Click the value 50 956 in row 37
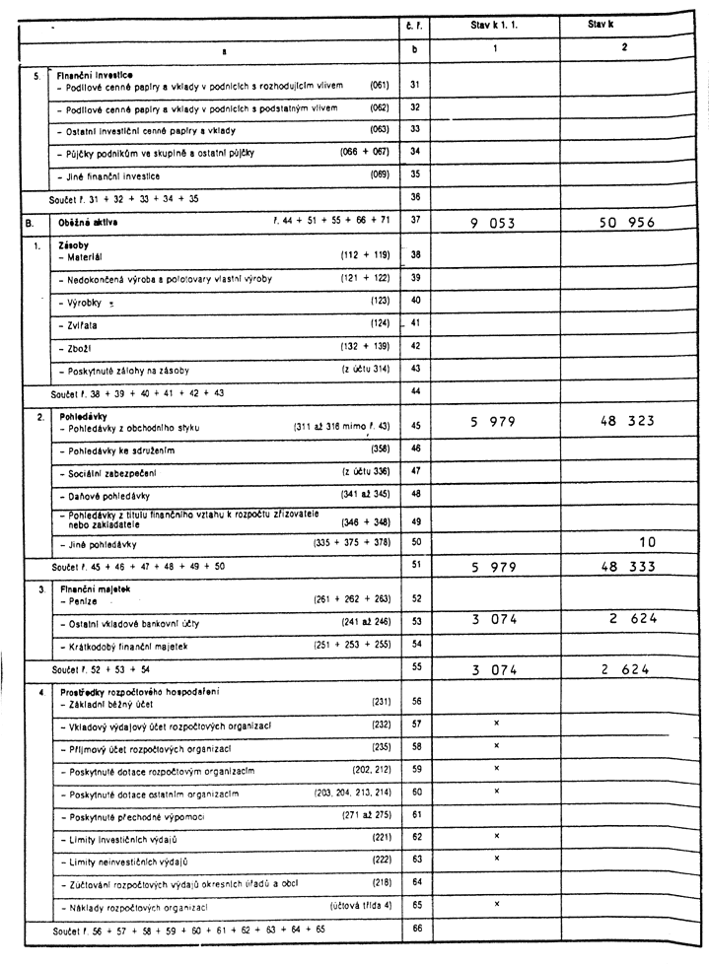click(x=626, y=223)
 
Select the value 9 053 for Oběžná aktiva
click(x=492, y=223)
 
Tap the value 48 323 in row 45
click(x=627, y=421)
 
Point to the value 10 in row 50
click(x=647, y=541)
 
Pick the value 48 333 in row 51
click(x=627, y=566)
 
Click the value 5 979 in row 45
click(x=492, y=421)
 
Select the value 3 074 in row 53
click(x=493, y=619)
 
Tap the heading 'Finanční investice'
click(x=95, y=75)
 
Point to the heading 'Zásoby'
click(x=74, y=245)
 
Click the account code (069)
click(x=379, y=175)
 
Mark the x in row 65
click(x=496, y=903)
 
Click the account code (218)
click(x=381, y=881)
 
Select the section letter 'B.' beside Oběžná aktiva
click(x=30, y=223)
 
